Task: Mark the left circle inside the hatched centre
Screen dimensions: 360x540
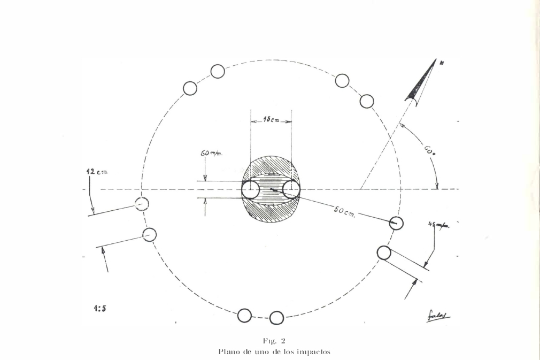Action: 251,190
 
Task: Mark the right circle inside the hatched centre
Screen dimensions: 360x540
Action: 291,190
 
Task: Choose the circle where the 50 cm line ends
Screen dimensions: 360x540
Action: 396,223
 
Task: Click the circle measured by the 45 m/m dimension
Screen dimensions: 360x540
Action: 384,252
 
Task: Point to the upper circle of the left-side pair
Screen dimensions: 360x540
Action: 141,204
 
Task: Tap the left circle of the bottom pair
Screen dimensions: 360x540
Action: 244,316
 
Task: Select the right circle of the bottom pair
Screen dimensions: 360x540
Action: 276,318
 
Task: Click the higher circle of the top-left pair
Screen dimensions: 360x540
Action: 217,71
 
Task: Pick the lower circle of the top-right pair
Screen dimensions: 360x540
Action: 367,101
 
